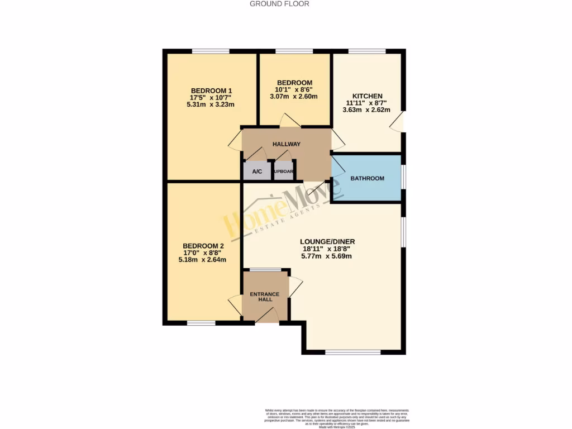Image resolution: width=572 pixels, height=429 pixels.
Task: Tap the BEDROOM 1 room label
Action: (211, 91)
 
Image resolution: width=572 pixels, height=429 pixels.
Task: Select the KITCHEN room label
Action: (367, 96)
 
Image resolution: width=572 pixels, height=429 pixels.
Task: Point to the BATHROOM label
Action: (367, 179)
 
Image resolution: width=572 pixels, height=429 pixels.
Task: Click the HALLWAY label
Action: (286, 144)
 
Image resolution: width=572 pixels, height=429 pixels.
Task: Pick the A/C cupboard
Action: (258, 171)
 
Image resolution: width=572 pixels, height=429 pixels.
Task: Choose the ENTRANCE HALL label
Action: (265, 297)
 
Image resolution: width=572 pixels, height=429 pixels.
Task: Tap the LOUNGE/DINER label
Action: (329, 242)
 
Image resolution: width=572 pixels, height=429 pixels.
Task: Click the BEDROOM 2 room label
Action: (203, 246)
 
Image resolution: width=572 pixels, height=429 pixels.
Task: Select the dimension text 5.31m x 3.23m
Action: (211, 104)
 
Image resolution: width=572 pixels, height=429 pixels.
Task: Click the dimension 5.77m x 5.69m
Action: (329, 256)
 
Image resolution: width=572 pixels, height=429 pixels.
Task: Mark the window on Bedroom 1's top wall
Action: (211, 51)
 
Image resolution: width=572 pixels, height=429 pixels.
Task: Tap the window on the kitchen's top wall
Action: (367, 51)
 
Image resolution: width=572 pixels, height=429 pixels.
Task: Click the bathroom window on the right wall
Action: (403, 173)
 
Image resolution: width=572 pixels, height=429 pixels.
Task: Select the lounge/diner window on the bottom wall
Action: (352, 352)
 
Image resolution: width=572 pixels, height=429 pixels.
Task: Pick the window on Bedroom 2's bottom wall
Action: (201, 323)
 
